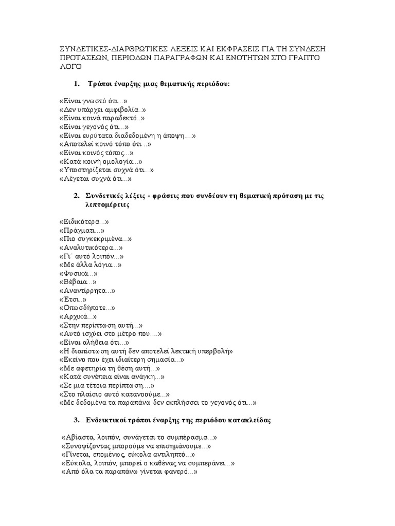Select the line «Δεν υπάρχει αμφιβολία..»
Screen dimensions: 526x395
pyautogui.click(x=103, y=109)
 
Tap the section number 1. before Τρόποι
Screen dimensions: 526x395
pyautogui.click(x=77, y=84)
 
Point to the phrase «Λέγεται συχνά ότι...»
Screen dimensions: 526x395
pyautogui.click(x=96, y=179)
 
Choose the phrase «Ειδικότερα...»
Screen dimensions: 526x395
pyautogui.click(x=84, y=222)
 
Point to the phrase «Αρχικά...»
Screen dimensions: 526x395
pyautogui.click(x=78, y=316)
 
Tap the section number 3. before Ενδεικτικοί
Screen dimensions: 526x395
pyautogui.click(x=77, y=420)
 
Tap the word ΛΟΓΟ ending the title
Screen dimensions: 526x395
pyautogui.click(x=71, y=67)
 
